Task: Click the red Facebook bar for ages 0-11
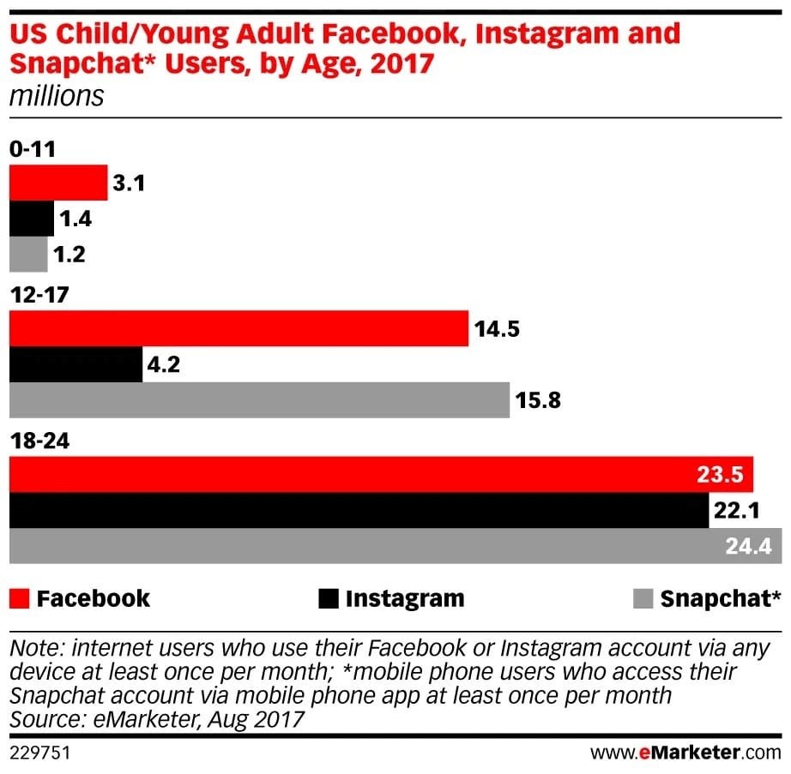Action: click(x=58, y=183)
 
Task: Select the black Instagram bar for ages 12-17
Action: click(x=75, y=364)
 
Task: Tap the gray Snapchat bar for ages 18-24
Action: click(x=360, y=546)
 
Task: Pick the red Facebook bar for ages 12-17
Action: click(x=239, y=329)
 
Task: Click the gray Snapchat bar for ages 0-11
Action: click(x=28, y=255)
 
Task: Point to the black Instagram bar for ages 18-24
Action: click(x=359, y=510)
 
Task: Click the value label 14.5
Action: click(x=498, y=329)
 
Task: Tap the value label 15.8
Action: click(x=539, y=400)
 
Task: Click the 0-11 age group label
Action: click(x=33, y=149)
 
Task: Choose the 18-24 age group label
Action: click(x=38, y=441)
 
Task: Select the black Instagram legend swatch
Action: click(x=328, y=597)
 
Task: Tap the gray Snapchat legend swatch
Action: click(x=642, y=597)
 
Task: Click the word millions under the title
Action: click(x=56, y=95)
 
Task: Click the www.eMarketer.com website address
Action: click(x=685, y=753)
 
